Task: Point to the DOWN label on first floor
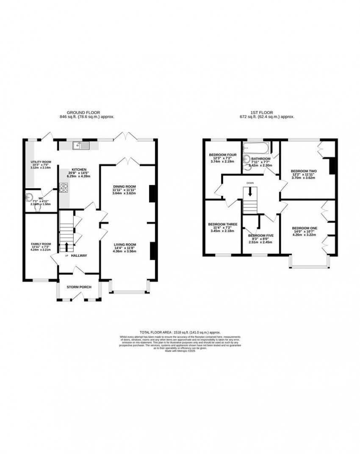point(250,184)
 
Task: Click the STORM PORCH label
point(79,287)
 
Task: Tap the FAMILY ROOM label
point(41,244)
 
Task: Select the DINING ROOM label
point(124,187)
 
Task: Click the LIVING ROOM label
point(124,244)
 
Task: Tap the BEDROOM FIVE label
point(260,235)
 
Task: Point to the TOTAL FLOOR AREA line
point(180,333)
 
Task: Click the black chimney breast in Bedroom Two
point(332,165)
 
